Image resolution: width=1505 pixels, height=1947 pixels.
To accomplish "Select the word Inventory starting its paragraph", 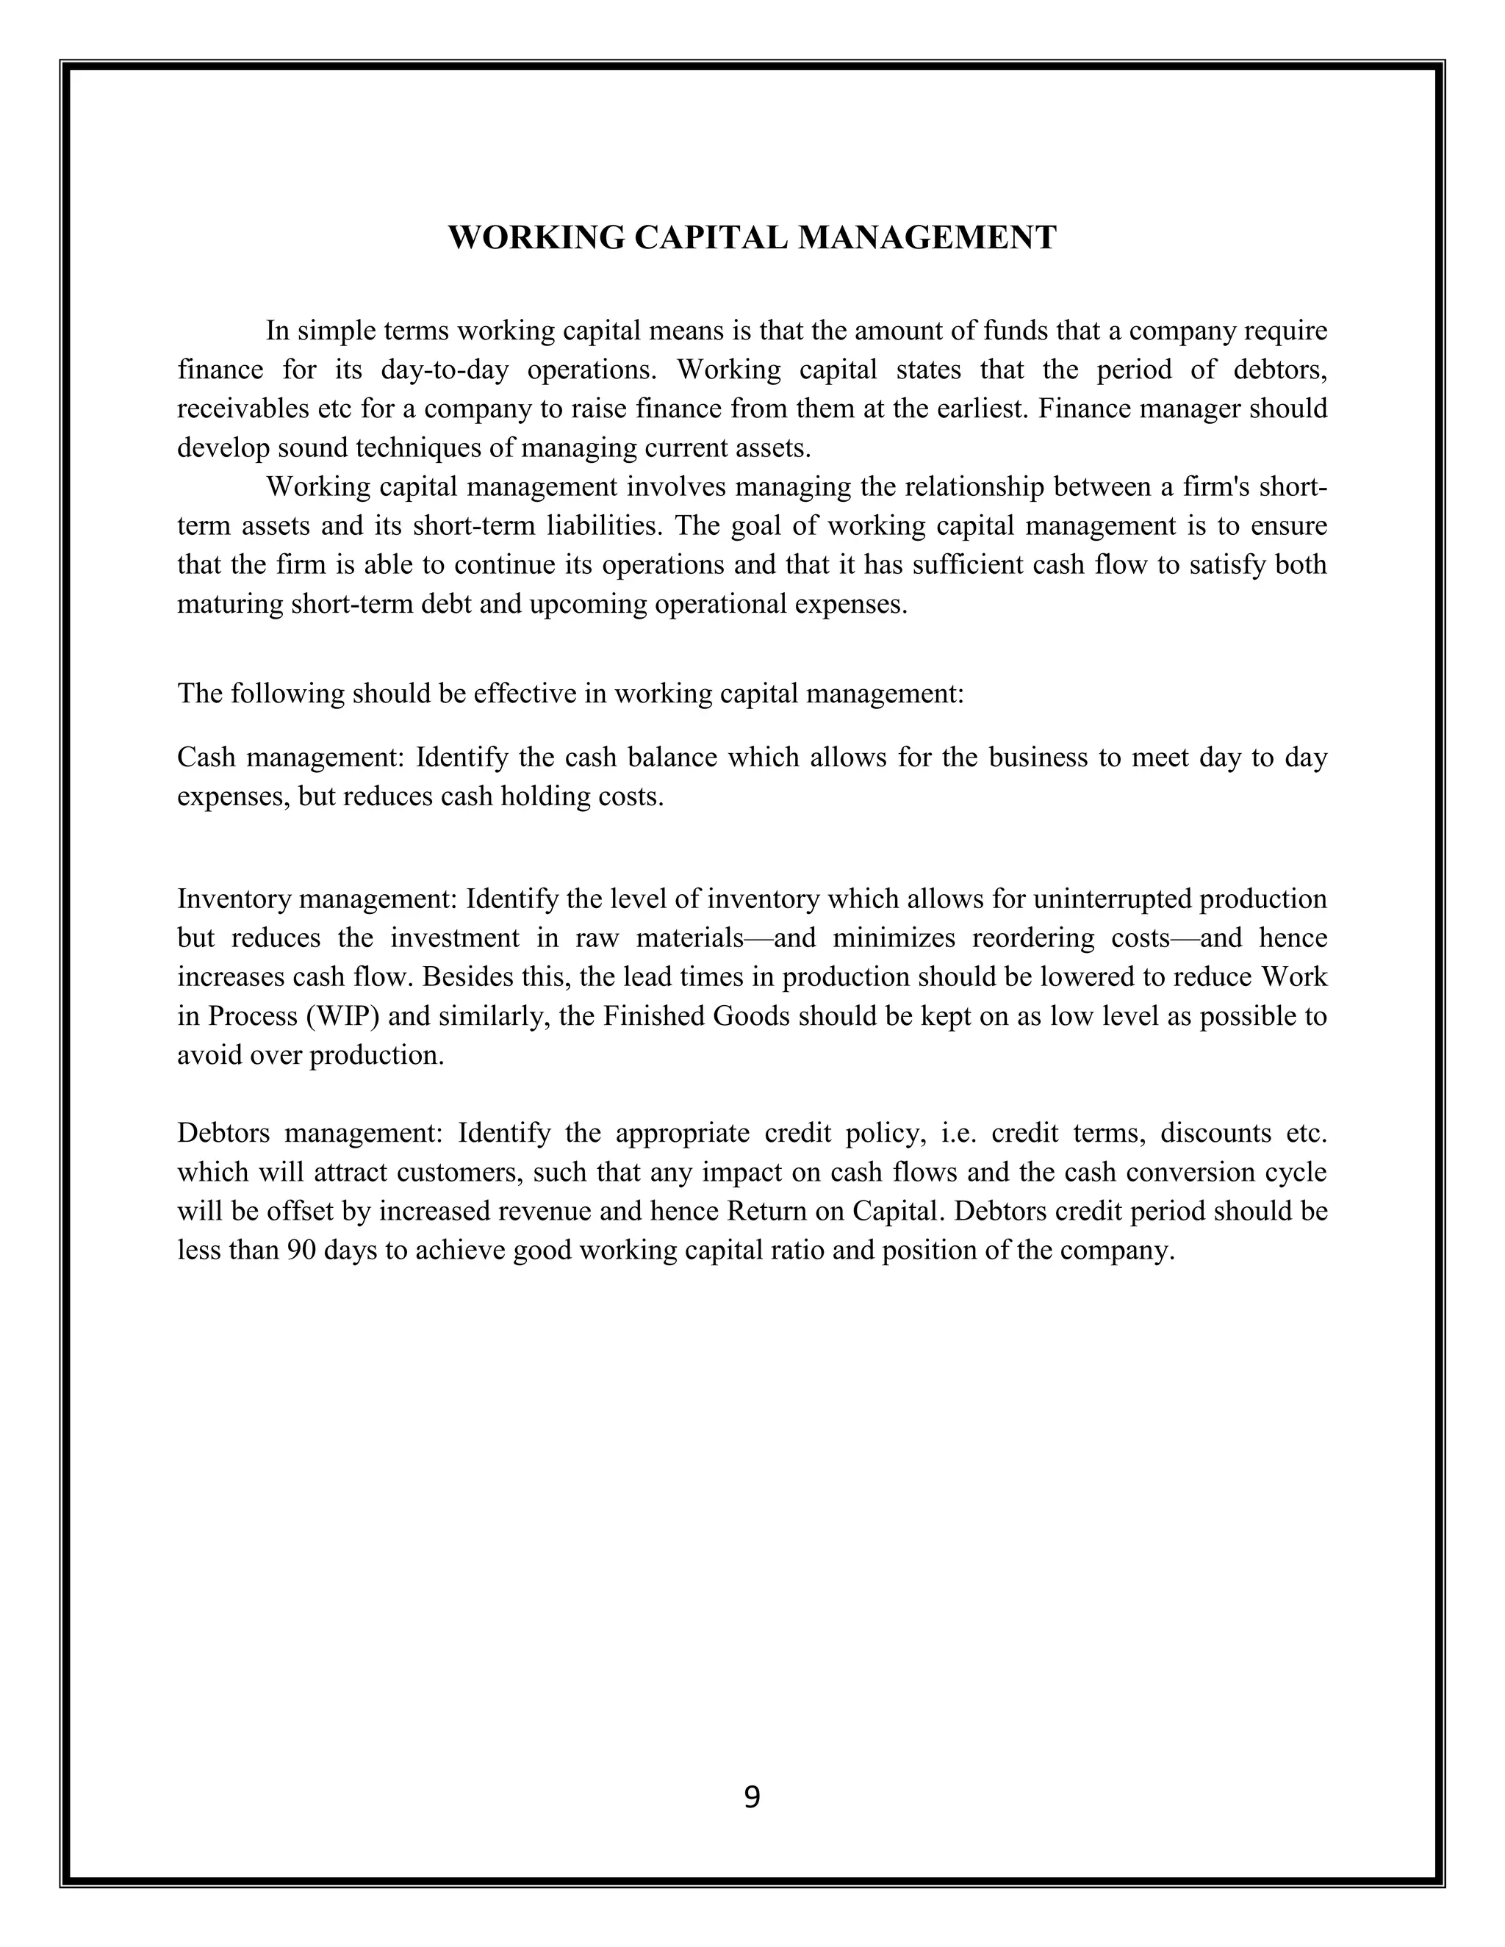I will pyautogui.click(x=234, y=899).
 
